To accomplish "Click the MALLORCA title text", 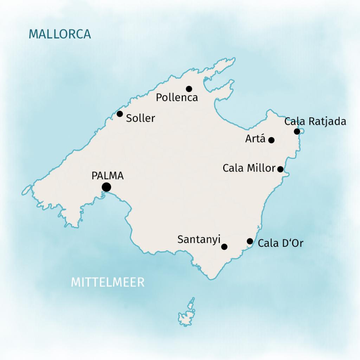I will coord(60,34).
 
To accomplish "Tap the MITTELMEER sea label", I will coord(108,282).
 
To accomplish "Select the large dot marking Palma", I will coord(106,187).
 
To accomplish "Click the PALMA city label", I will coord(108,176).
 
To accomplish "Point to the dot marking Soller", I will coord(120,114).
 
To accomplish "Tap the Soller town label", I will coord(141,118).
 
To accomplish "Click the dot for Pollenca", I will coord(189,89).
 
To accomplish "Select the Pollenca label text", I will coord(177,98).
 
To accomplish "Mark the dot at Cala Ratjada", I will coord(297,131).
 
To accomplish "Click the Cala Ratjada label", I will coord(315,122).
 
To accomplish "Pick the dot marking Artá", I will coord(271,140).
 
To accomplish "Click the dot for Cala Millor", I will coord(280,169).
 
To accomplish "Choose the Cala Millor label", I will coord(249,168).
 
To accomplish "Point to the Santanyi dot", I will coord(224,247).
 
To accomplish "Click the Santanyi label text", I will coord(199,240).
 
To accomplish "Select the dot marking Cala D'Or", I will coord(250,241).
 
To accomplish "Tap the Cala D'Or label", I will coord(280,243).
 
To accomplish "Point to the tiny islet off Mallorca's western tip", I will coord(26,189).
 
